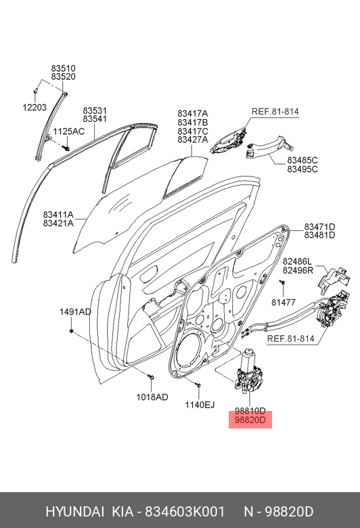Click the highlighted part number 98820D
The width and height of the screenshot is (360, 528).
point(250,420)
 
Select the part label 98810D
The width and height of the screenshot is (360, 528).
point(250,411)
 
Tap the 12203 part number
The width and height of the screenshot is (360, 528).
point(35,108)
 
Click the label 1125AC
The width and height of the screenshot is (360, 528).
point(69,131)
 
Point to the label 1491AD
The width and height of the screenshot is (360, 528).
point(75,312)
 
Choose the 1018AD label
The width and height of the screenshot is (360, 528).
point(152,397)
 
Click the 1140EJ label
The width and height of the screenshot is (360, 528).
point(200,405)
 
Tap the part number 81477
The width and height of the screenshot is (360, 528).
point(284,303)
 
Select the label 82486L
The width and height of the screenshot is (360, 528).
point(297,261)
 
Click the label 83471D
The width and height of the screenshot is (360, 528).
point(320,227)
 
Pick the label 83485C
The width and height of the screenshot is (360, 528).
point(302,160)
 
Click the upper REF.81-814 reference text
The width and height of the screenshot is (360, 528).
point(275,112)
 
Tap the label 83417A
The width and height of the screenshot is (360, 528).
point(193,114)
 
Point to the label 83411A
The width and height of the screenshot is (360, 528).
point(58,215)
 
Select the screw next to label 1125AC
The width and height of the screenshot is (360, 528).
point(66,148)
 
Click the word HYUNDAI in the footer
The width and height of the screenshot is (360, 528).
point(74,512)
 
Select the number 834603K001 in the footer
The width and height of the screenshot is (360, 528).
point(185,512)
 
